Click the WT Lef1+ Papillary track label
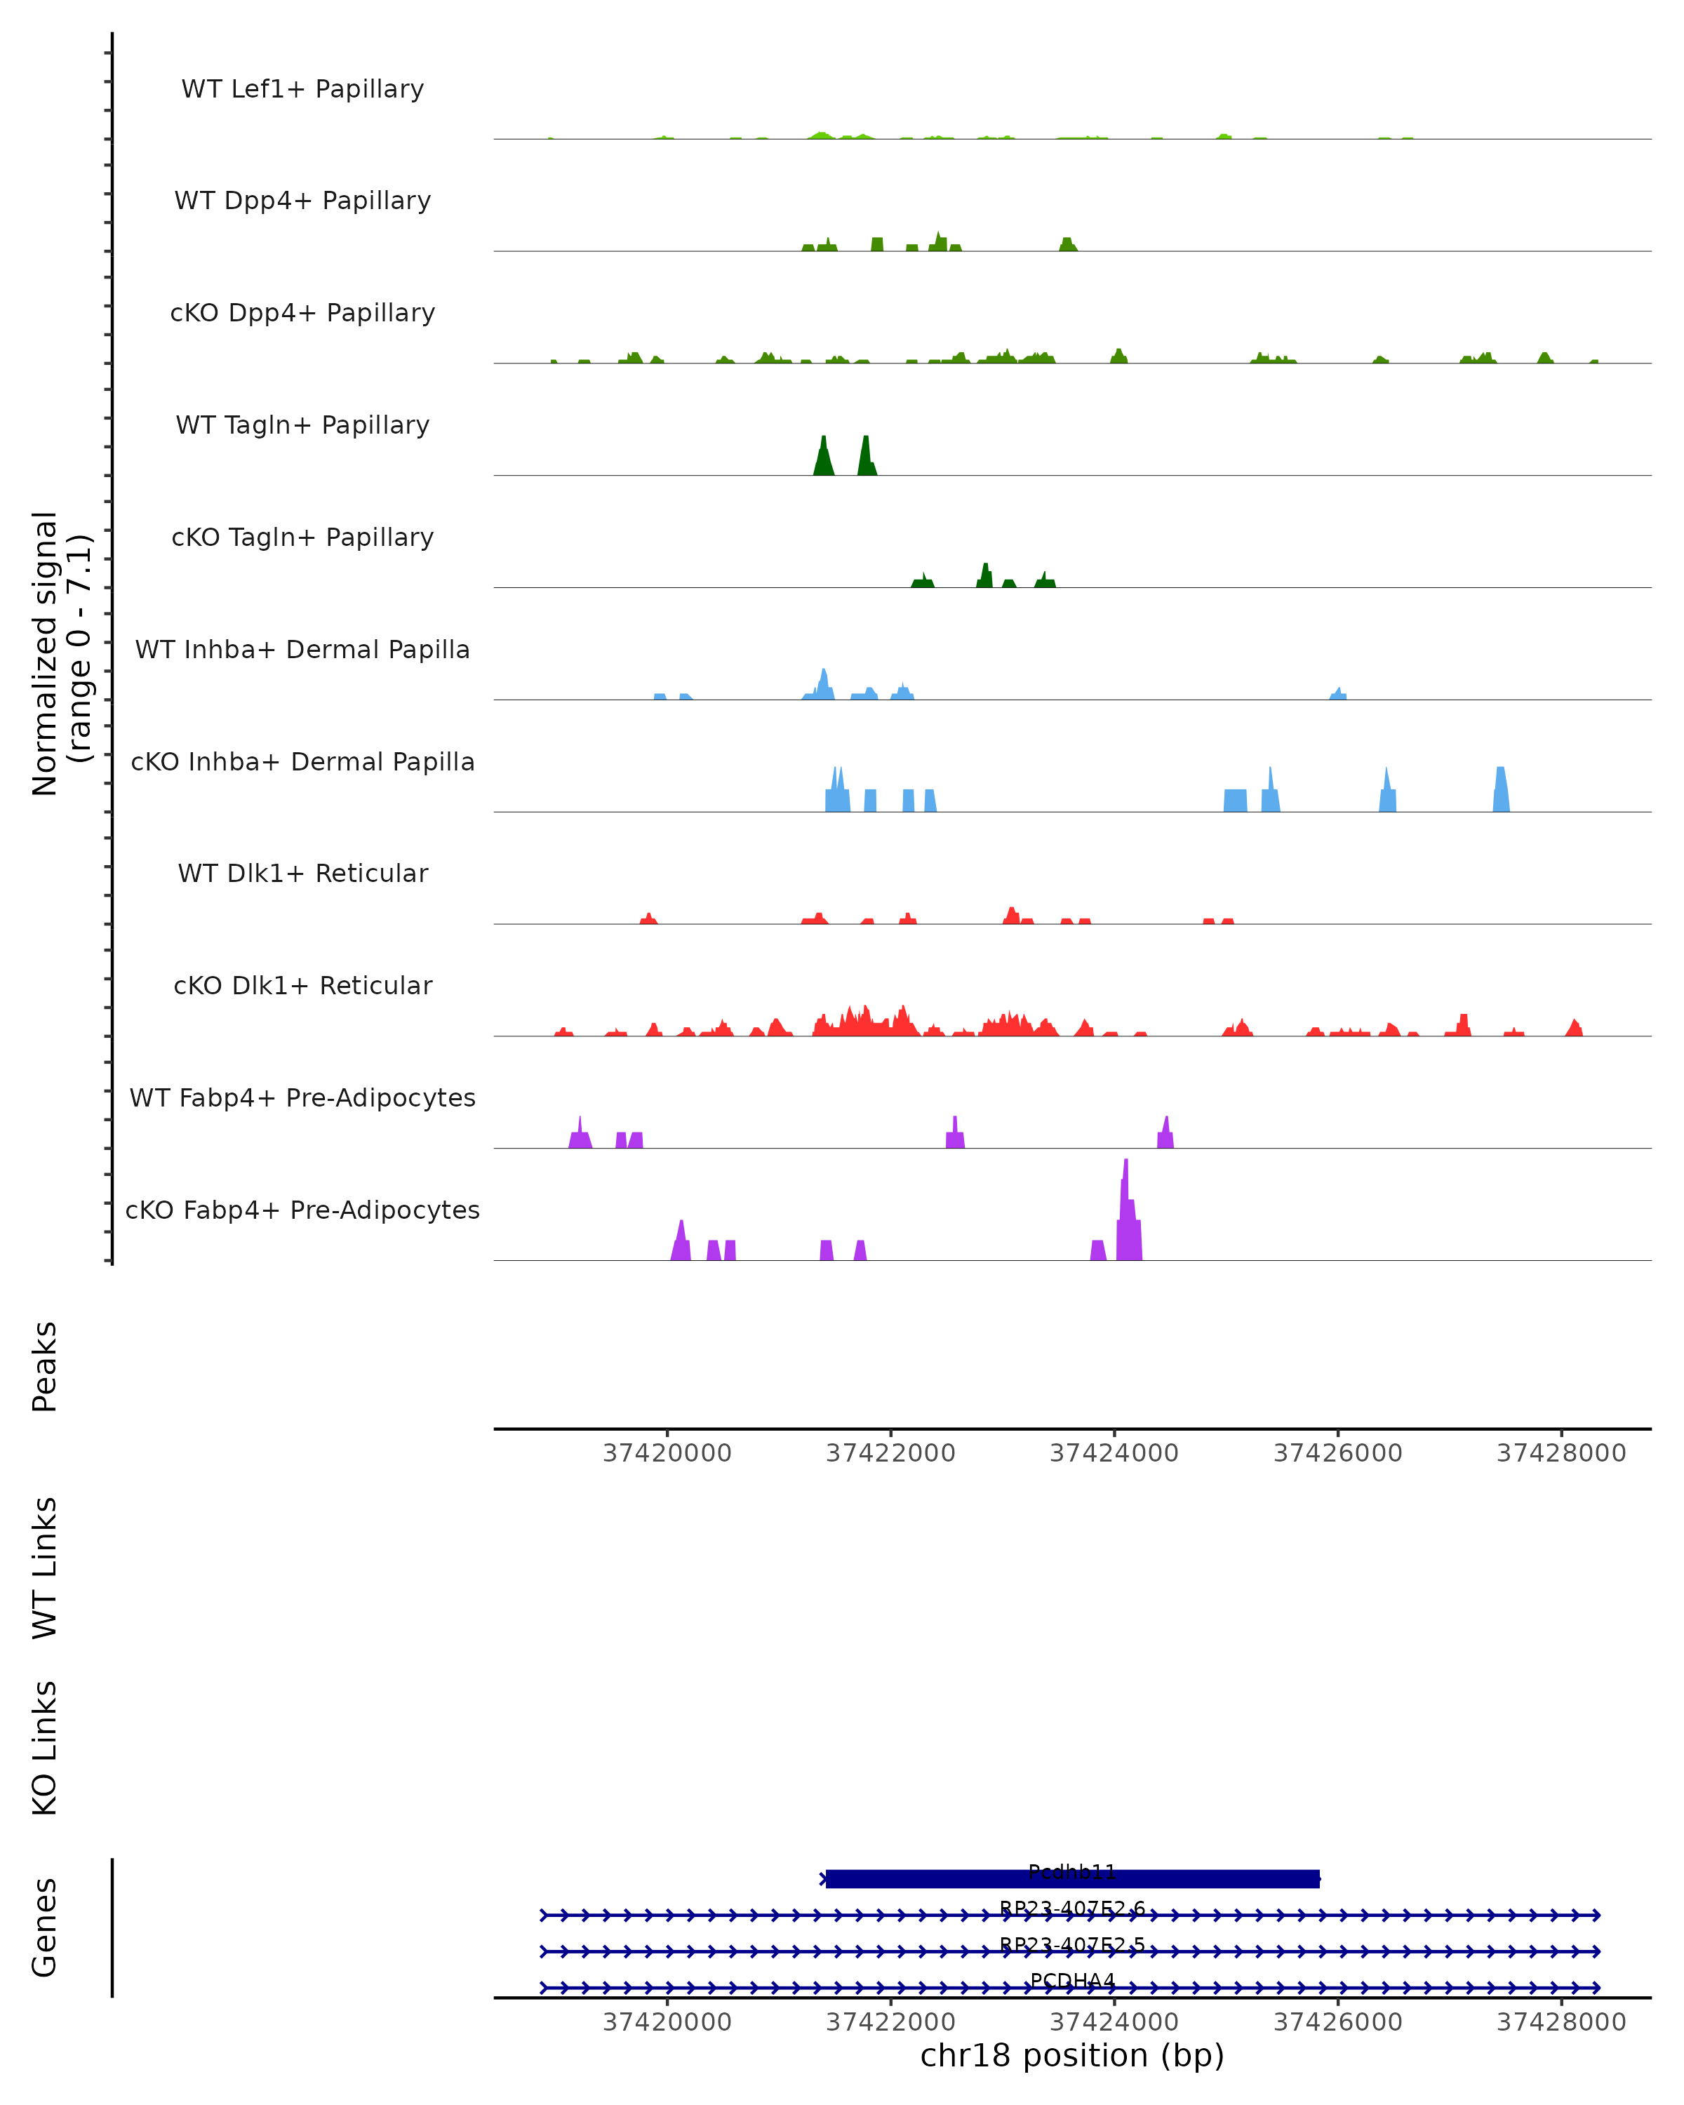[x=302, y=89]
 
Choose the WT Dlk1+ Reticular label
[x=302, y=873]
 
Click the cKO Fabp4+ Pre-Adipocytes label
[x=302, y=1210]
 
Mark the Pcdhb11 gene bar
[x=1072, y=1878]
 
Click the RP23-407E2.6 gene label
[x=1072, y=1909]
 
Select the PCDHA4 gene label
[x=1072, y=1981]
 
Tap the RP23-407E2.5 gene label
[x=1072, y=1945]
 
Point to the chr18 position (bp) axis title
[x=1072, y=2055]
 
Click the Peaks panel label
[x=45, y=1366]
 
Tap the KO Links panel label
[x=45, y=1748]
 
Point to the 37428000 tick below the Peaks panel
[x=1561, y=1453]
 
